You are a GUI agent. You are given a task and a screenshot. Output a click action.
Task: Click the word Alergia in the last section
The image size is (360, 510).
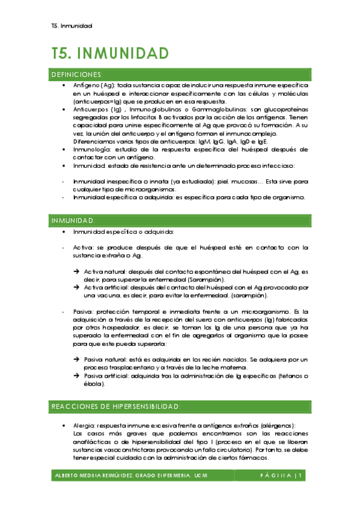tap(84, 425)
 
